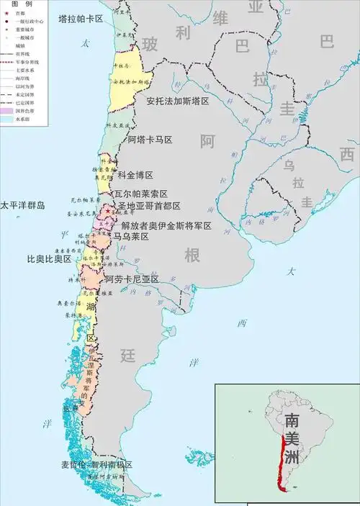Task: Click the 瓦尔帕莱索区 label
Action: pos(141,194)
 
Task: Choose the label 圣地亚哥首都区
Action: pos(149,206)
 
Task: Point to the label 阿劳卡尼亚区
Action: pos(131,279)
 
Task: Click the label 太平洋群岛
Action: pos(22,206)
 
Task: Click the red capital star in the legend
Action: pos(6,12)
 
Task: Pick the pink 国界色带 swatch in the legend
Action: pos(7,112)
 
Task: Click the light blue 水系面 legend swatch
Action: pos(7,120)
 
